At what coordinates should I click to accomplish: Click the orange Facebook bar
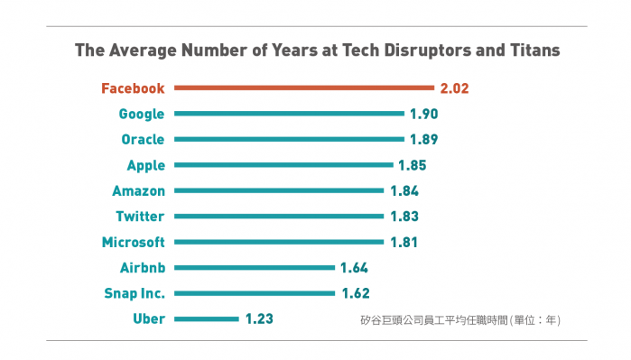click(304, 88)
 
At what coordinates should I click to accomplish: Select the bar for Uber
click(207, 319)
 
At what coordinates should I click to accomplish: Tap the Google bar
click(290, 114)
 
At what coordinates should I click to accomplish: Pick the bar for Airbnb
click(255, 267)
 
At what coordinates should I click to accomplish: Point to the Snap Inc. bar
click(255, 293)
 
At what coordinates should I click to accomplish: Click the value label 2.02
click(455, 88)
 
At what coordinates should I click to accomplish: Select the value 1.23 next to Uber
click(259, 319)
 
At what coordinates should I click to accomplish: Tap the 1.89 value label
click(423, 139)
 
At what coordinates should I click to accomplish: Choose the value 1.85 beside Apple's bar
click(412, 165)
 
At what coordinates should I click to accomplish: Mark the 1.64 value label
click(354, 268)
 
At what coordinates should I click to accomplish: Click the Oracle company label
click(143, 140)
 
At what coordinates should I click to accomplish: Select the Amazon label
click(138, 190)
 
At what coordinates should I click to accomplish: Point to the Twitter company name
click(140, 217)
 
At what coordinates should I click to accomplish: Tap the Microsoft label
click(134, 242)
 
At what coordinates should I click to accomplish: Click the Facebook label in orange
click(133, 88)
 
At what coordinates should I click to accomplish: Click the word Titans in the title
click(535, 51)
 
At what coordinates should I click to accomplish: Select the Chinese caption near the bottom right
click(460, 320)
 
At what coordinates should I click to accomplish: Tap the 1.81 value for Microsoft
click(404, 242)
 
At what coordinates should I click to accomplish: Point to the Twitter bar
click(279, 216)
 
